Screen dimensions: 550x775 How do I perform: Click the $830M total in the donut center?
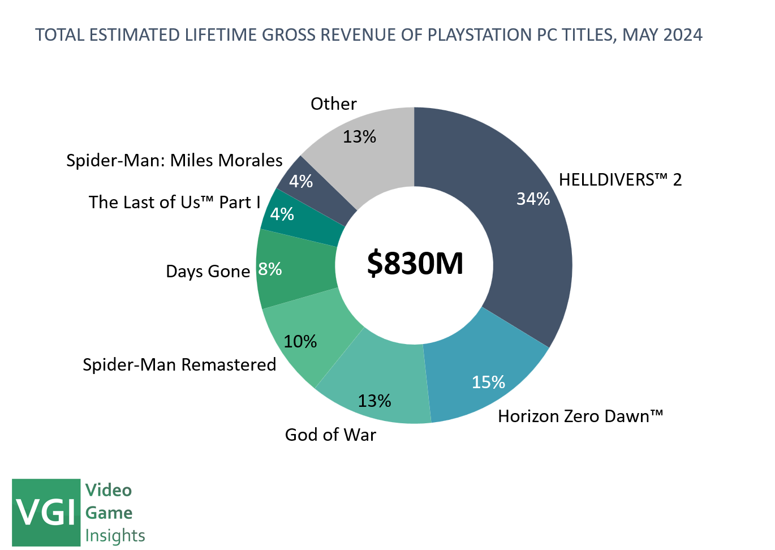415,264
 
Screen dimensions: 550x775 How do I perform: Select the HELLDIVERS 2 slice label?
620,180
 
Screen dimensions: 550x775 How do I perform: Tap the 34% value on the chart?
533,199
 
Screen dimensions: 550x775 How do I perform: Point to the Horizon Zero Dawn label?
580,416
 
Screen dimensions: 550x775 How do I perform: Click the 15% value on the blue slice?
488,382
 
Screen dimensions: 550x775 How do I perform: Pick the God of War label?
330,435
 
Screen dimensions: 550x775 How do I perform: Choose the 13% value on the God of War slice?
374,401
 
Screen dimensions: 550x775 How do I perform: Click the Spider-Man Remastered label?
179,364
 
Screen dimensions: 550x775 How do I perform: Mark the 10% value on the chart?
300,341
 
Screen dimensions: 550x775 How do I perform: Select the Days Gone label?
208,272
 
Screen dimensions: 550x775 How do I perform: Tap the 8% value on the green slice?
270,269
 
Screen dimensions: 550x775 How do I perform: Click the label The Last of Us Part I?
174,203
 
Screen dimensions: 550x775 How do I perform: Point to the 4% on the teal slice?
282,214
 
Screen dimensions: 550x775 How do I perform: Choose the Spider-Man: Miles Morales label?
174,161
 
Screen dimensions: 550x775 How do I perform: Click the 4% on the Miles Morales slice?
300,181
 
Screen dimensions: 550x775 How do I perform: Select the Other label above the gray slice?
334,104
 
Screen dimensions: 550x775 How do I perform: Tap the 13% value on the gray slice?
359,136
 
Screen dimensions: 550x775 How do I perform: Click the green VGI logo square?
46,512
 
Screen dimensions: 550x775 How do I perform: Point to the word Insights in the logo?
115,535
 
